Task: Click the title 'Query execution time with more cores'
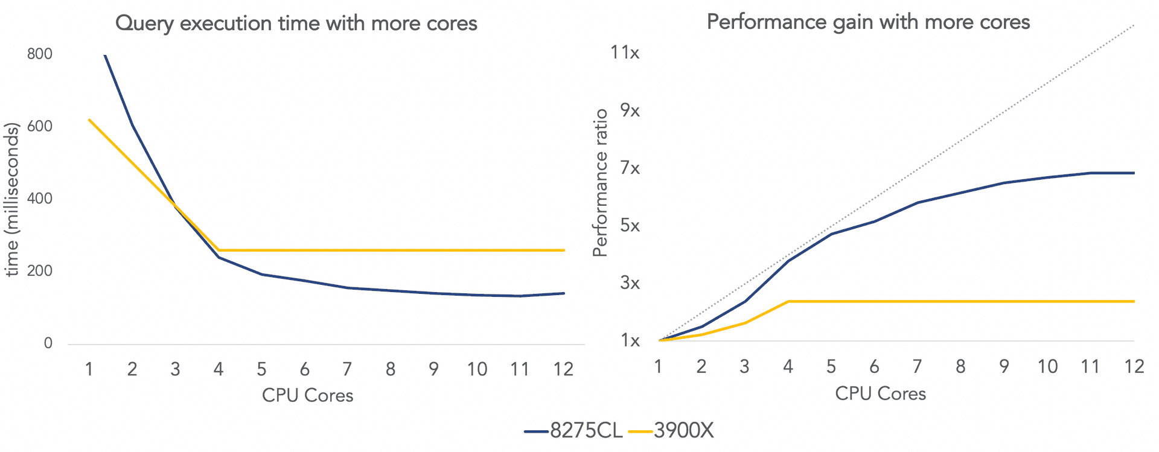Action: pos(296,24)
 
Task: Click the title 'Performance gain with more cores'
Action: pos(868,22)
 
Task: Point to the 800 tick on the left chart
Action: pos(40,54)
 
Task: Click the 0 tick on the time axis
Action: pos(48,343)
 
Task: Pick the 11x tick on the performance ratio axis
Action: pos(625,53)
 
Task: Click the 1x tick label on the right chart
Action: pos(630,341)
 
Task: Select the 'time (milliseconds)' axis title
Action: pos(12,199)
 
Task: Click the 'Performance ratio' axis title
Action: pos(600,183)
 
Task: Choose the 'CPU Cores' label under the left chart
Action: pos(307,395)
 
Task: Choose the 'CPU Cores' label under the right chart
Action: pos(880,393)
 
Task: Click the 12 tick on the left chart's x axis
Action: pos(563,369)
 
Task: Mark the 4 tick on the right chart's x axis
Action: pos(788,366)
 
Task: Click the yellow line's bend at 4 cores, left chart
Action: pos(219,250)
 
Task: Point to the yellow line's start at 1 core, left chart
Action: pos(89,119)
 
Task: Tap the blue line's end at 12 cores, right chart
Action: pos(1134,173)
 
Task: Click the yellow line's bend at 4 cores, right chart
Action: pos(788,301)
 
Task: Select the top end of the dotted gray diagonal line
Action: pos(1134,25)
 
